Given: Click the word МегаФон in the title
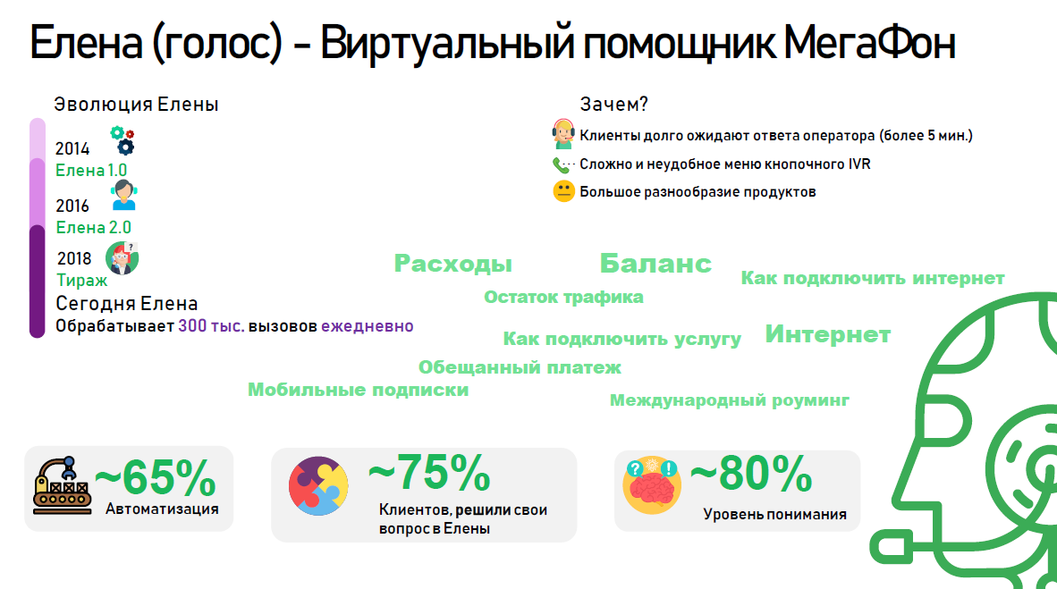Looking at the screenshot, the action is coord(869,43).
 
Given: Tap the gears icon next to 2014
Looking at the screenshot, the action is coord(123,140).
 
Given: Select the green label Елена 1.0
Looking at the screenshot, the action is coord(91,171).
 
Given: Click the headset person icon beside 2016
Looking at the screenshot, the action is coord(124,196).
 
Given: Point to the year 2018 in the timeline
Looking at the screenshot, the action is coord(74,259).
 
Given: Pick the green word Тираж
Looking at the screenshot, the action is coord(81,281).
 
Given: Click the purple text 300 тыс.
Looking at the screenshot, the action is coord(211,326).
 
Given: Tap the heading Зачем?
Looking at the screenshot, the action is coord(613,105).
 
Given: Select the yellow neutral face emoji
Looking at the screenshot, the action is coord(563,191).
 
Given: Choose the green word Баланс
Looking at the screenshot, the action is coord(655,264).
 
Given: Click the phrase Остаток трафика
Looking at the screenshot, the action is coord(563,298).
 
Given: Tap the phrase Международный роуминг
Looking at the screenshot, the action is coord(730,400).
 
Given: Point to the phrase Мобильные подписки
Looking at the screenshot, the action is coord(358,390).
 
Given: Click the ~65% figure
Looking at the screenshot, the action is coord(155,478).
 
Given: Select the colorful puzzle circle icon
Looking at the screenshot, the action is coord(318,486).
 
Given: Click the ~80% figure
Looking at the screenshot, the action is coord(751,474).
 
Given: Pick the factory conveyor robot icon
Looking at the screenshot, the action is coord(62,486).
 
